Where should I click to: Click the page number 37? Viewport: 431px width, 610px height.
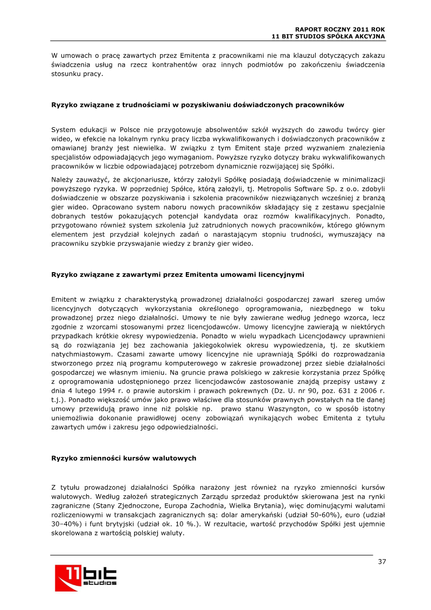click(381, 562)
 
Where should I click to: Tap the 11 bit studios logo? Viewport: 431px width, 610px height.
click(86, 578)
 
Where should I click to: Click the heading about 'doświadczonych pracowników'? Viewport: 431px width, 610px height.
click(197, 105)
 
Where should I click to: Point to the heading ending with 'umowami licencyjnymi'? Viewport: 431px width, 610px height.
click(177, 274)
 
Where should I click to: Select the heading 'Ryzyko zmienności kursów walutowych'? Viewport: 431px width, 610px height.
click(123, 458)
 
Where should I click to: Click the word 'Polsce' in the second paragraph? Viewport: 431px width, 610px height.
click(132, 130)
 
